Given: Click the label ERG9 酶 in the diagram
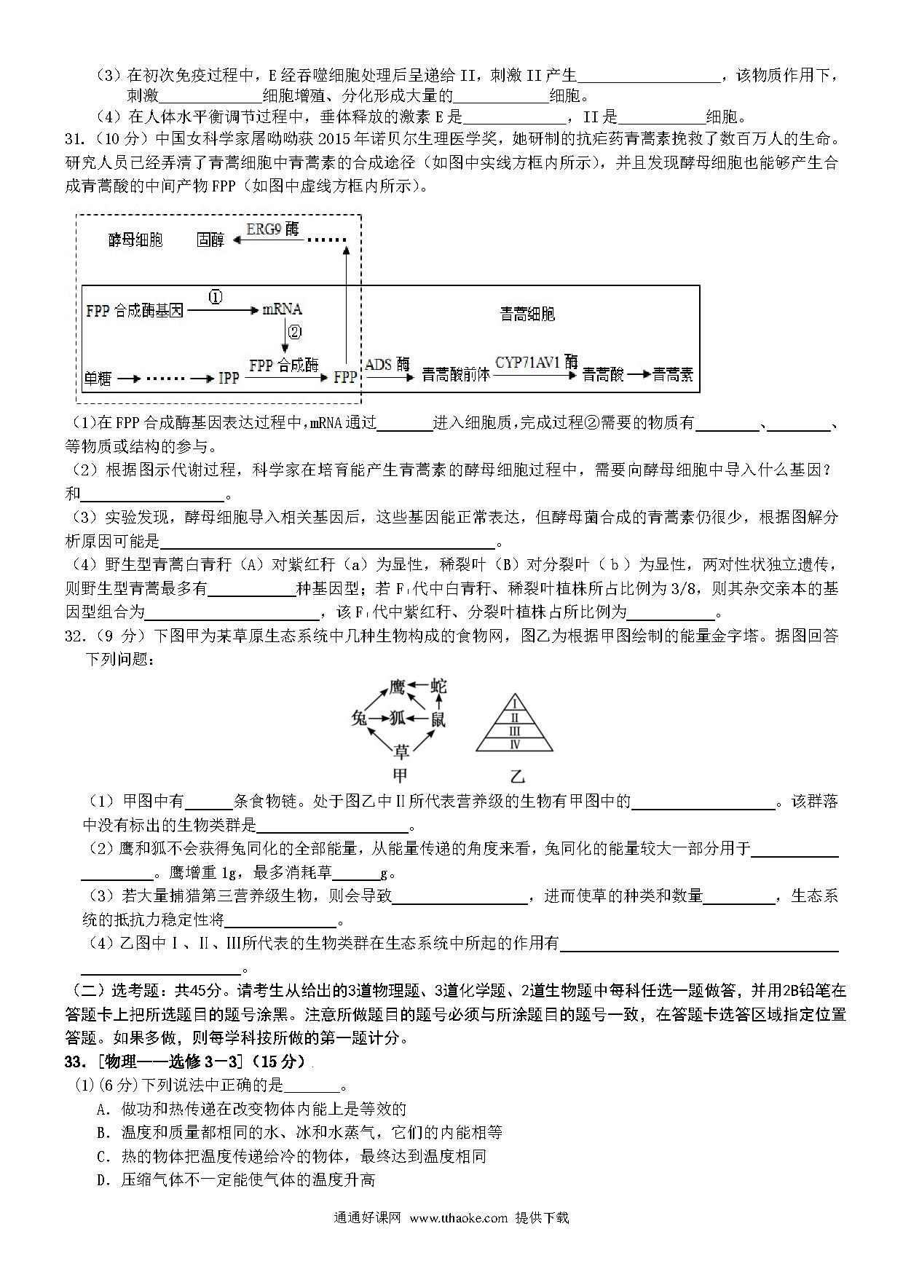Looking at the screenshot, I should (x=272, y=229).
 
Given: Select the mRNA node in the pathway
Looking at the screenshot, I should (x=282, y=309).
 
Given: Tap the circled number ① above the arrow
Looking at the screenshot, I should (x=216, y=297).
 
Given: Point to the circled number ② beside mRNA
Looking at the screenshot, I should (x=294, y=332).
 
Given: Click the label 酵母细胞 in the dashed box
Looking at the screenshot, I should (x=135, y=240).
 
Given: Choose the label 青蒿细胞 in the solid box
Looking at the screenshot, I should (x=528, y=314).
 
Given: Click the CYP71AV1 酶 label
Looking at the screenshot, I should (x=537, y=363).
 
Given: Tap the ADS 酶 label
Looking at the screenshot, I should (x=387, y=364).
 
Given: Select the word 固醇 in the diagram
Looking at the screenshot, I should (x=210, y=240).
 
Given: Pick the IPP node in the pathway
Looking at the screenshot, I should (x=229, y=378).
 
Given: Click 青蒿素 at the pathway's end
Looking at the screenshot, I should (x=672, y=375).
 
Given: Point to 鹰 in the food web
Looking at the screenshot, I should (x=397, y=686).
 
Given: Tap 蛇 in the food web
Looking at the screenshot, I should (x=438, y=686).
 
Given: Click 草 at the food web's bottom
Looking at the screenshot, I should (x=401, y=751).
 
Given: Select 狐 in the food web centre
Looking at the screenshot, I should (x=398, y=719).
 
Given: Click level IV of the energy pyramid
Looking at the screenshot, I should (x=515, y=744).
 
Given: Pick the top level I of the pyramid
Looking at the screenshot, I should (x=515, y=704).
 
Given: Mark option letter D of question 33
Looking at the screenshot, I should (x=102, y=1180).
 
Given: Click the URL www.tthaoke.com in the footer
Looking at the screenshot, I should (x=458, y=1238).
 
